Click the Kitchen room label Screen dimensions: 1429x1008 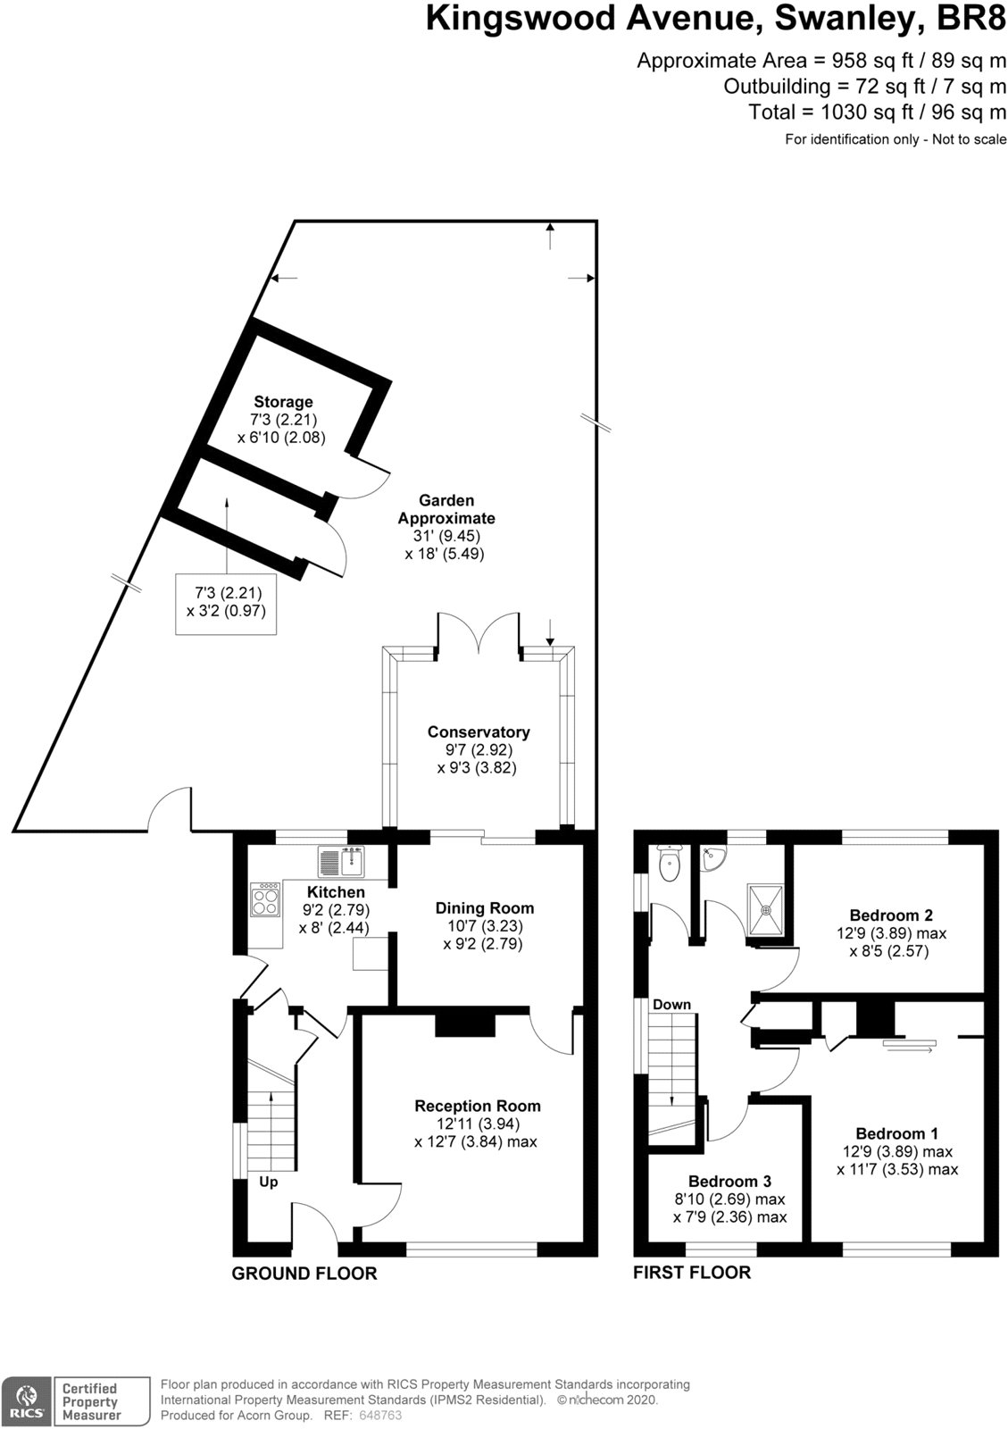[336, 892]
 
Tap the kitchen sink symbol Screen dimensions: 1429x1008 [340, 862]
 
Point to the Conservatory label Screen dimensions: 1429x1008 [478, 732]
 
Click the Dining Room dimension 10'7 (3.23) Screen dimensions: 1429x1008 [485, 926]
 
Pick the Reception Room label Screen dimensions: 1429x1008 [477, 1106]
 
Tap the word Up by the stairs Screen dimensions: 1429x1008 [268, 1182]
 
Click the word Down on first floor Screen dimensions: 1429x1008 [671, 1005]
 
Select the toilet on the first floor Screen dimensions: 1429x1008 [669, 862]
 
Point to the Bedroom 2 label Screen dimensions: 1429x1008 [890, 915]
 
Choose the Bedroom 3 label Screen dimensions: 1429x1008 [729, 1181]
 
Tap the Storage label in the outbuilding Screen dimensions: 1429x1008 [283, 402]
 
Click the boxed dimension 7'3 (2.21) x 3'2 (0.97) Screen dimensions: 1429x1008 [226, 602]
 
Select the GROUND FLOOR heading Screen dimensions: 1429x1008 [304, 1274]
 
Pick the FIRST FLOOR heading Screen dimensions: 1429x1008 [691, 1272]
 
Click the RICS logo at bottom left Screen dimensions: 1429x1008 [27, 1401]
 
